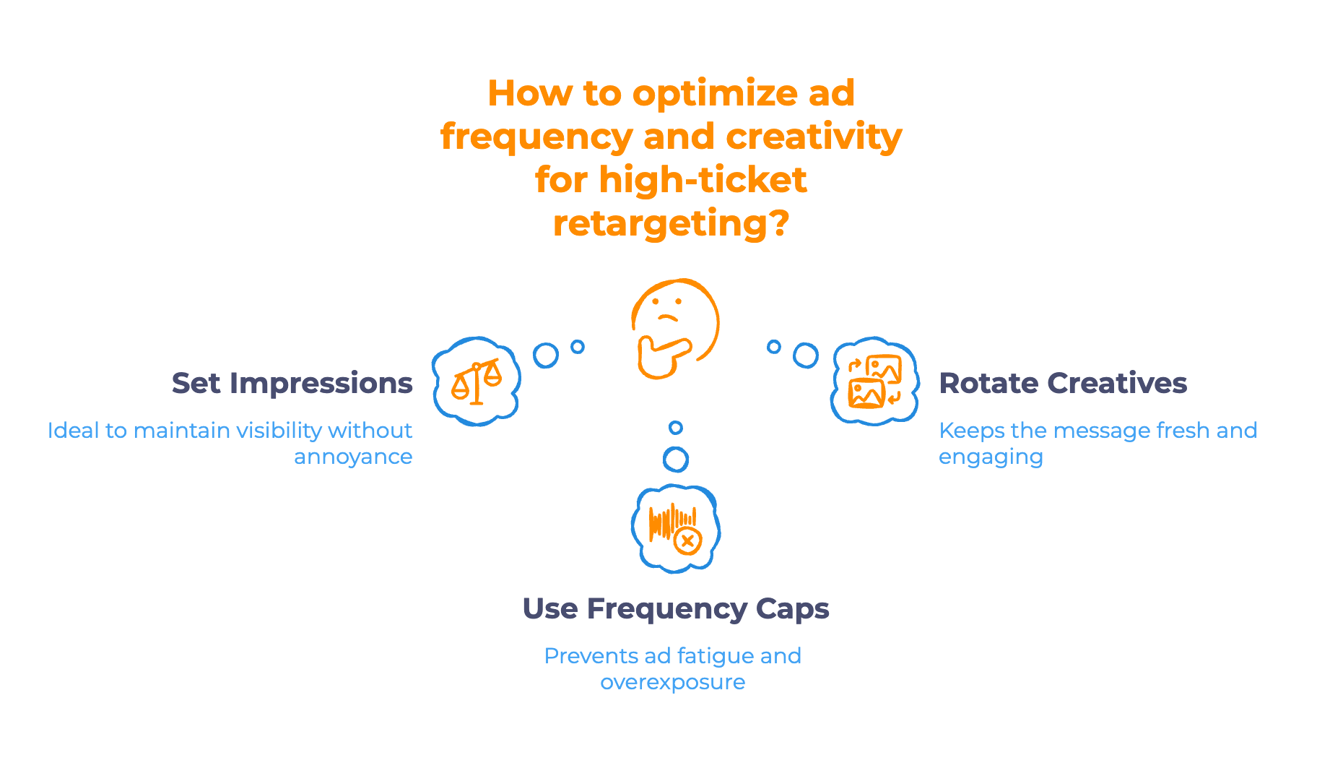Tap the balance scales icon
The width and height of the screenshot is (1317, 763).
click(x=476, y=381)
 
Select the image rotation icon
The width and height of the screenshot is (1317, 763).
click(x=874, y=381)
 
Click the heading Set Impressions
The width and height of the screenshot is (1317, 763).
click(x=292, y=383)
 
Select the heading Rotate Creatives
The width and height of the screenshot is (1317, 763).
click(x=1062, y=383)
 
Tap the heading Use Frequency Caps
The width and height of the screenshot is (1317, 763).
click(x=675, y=608)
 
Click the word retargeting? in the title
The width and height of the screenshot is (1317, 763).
click(x=671, y=223)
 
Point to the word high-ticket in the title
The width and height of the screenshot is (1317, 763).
click(x=703, y=180)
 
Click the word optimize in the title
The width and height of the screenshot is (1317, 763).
click(x=715, y=93)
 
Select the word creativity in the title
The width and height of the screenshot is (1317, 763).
click(x=814, y=137)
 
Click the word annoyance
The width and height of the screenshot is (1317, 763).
click(x=352, y=457)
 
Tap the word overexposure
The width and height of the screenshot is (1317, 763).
click(x=672, y=682)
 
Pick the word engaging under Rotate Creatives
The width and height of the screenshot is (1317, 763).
click(x=991, y=457)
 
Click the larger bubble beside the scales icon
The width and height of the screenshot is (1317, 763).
click(x=546, y=355)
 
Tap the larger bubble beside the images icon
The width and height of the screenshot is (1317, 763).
click(x=805, y=355)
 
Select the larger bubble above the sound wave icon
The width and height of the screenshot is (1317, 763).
click(x=676, y=459)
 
